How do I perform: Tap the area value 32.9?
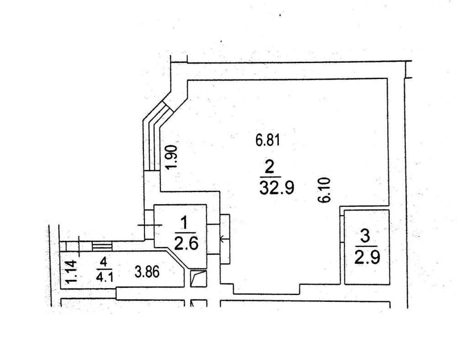pyautogui.click(x=276, y=188)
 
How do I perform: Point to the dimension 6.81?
pyautogui.click(x=267, y=140)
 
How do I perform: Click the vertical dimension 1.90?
pyautogui.click(x=171, y=157)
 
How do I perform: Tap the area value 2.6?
pyautogui.click(x=186, y=243)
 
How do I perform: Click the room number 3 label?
pyautogui.click(x=365, y=236)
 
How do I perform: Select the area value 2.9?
pyautogui.click(x=367, y=258)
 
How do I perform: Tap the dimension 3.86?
pyautogui.click(x=147, y=272)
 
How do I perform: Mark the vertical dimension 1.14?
pyautogui.click(x=71, y=272)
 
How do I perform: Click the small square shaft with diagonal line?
pyautogui.click(x=198, y=279)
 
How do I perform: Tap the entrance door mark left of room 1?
pyautogui.click(x=150, y=225)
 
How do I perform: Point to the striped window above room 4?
pyautogui.click(x=102, y=246)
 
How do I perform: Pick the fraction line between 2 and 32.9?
pyautogui.click(x=270, y=177)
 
